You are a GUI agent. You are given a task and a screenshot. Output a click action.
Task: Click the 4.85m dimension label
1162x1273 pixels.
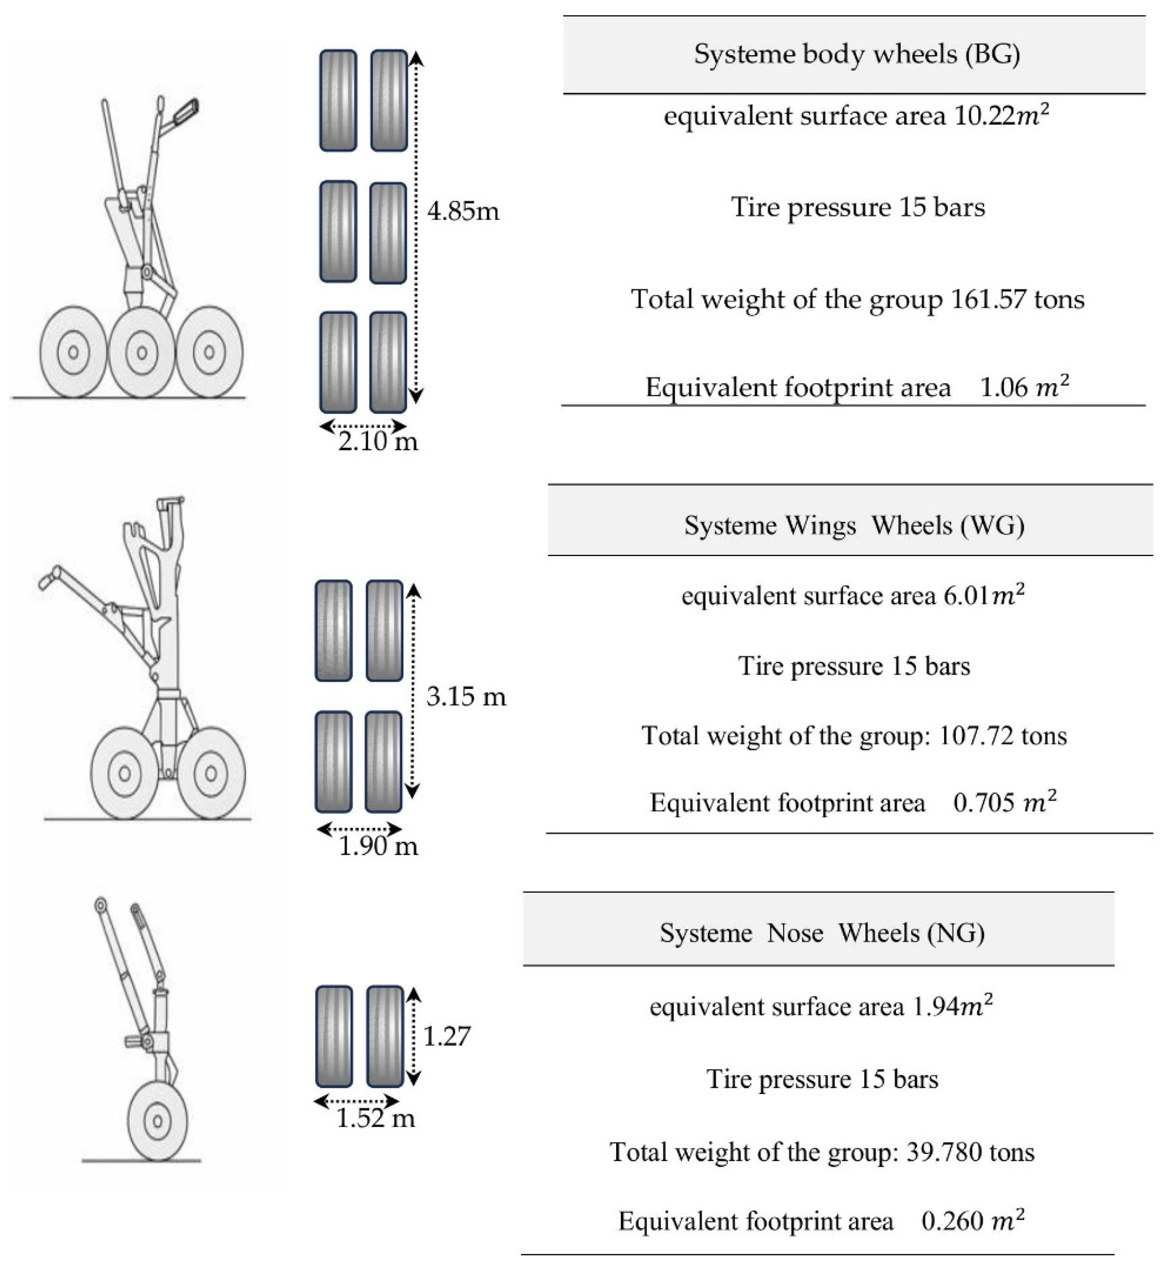click(x=463, y=211)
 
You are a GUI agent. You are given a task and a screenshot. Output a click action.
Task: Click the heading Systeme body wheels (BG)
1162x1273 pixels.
click(x=856, y=54)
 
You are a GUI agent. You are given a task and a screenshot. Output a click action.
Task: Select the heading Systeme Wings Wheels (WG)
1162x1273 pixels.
click(x=854, y=525)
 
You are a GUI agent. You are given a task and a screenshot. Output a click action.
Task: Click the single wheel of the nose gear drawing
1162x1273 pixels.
click(x=157, y=1121)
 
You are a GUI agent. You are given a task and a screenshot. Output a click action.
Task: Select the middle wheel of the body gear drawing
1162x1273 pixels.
click(x=141, y=352)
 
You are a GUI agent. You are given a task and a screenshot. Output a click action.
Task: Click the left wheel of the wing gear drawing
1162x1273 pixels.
click(x=125, y=773)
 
